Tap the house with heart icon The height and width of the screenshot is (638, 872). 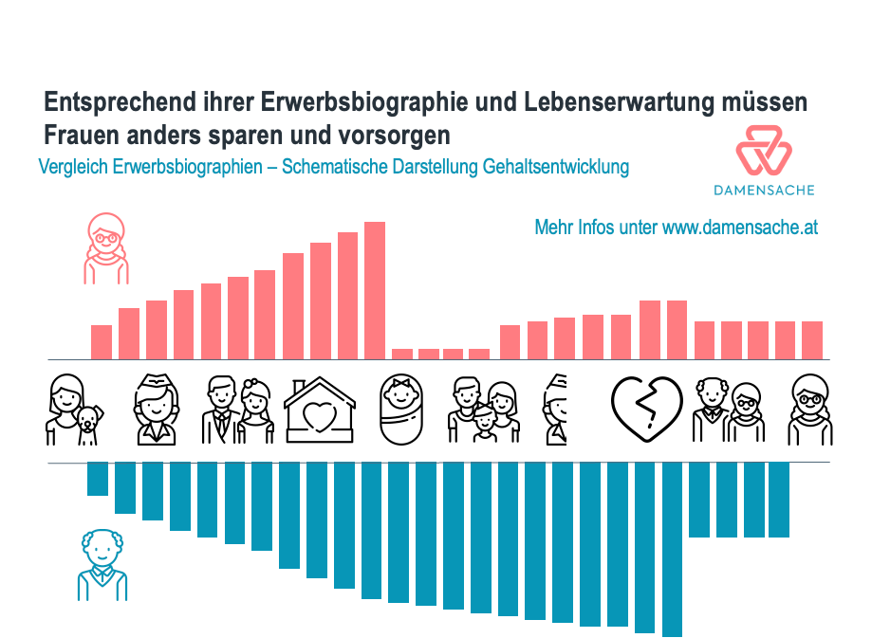click(x=321, y=411)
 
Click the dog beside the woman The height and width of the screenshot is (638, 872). click(x=88, y=426)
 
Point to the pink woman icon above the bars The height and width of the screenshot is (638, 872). click(x=105, y=248)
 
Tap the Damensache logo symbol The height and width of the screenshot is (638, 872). click(x=763, y=150)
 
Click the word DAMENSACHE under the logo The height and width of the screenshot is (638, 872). click(x=764, y=190)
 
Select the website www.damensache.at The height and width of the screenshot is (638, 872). click(x=740, y=228)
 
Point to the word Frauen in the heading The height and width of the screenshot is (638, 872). click(x=79, y=133)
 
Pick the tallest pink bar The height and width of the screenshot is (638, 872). click(x=375, y=289)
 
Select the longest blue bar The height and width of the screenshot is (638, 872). click(x=672, y=549)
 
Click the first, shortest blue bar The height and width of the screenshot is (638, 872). click(x=98, y=479)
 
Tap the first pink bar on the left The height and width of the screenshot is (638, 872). click(x=102, y=341)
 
